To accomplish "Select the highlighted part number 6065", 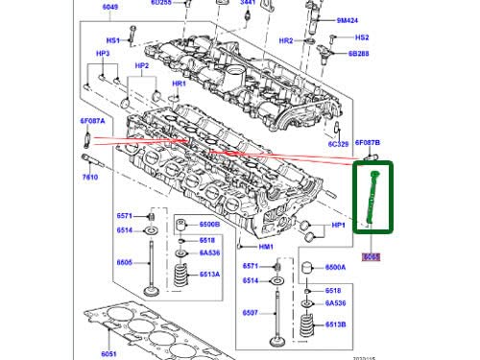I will pyautogui.click(x=371, y=256).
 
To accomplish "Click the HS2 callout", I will pyautogui.click(x=361, y=37).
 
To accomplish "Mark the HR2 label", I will pyautogui.click(x=285, y=41).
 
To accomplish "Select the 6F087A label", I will pyautogui.click(x=92, y=121).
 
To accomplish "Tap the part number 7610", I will pyautogui.click(x=89, y=178).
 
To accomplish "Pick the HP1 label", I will pyautogui.click(x=338, y=225).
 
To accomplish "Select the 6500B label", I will pyautogui.click(x=210, y=224).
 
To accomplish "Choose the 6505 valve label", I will pyautogui.click(x=125, y=262).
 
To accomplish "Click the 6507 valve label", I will pyautogui.click(x=250, y=312).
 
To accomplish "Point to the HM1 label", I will pyautogui.click(x=294, y=246).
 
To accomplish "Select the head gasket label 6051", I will pyautogui.click(x=109, y=353).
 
